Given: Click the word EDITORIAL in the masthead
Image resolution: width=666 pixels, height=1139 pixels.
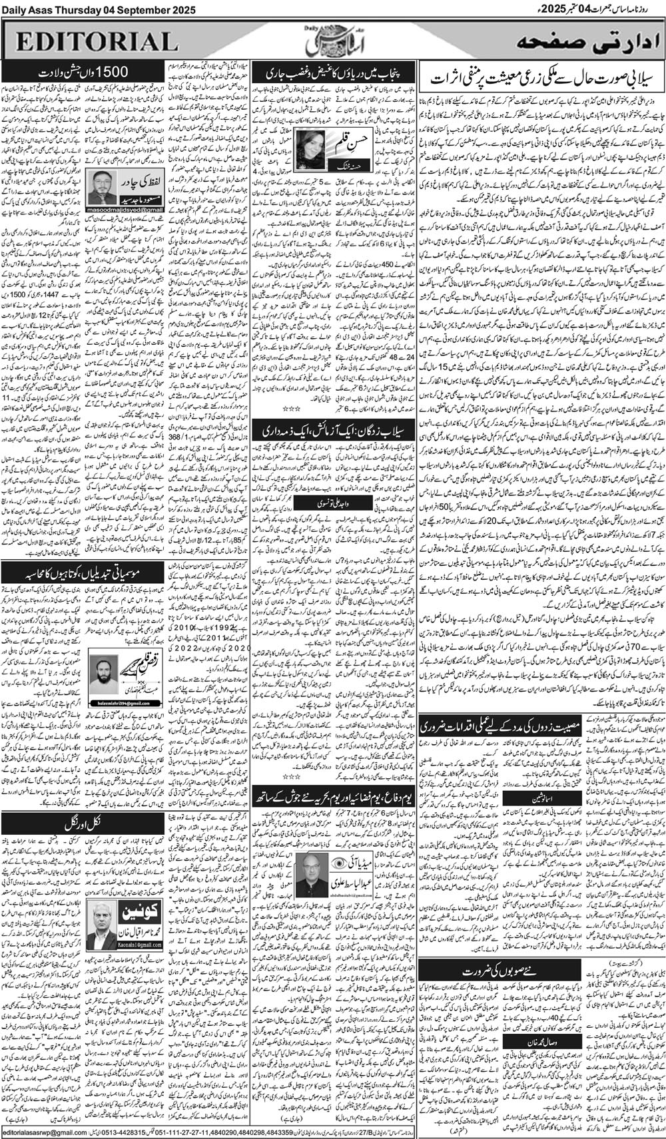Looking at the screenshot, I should click(x=93, y=42).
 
